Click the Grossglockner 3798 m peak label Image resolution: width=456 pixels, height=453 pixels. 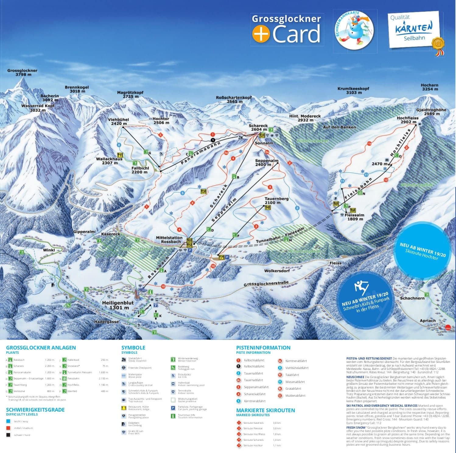tap(22, 72)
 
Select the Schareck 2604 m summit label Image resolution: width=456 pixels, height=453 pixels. tap(258, 127)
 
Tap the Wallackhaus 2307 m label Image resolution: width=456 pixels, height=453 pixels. tap(109, 161)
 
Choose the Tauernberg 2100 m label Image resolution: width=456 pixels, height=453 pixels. tap(276, 200)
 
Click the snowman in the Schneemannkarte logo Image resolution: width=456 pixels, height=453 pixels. tap(354, 29)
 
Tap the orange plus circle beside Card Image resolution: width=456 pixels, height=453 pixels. tap(261, 33)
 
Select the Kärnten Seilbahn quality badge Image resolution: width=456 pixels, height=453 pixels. tap(414, 30)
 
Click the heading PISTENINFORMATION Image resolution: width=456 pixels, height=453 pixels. tap(263, 347)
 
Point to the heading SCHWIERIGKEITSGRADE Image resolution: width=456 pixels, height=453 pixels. tap(35, 409)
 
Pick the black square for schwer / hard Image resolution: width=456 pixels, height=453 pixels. tap(8, 435)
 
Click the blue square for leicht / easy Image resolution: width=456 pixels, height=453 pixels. tap(8, 421)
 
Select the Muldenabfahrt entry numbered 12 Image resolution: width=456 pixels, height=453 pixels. tap(295, 395)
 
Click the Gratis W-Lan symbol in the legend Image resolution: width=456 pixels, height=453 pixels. tap(124, 432)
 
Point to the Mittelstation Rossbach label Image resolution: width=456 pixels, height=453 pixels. tap(169, 240)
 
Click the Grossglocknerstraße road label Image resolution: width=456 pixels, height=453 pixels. tap(266, 284)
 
